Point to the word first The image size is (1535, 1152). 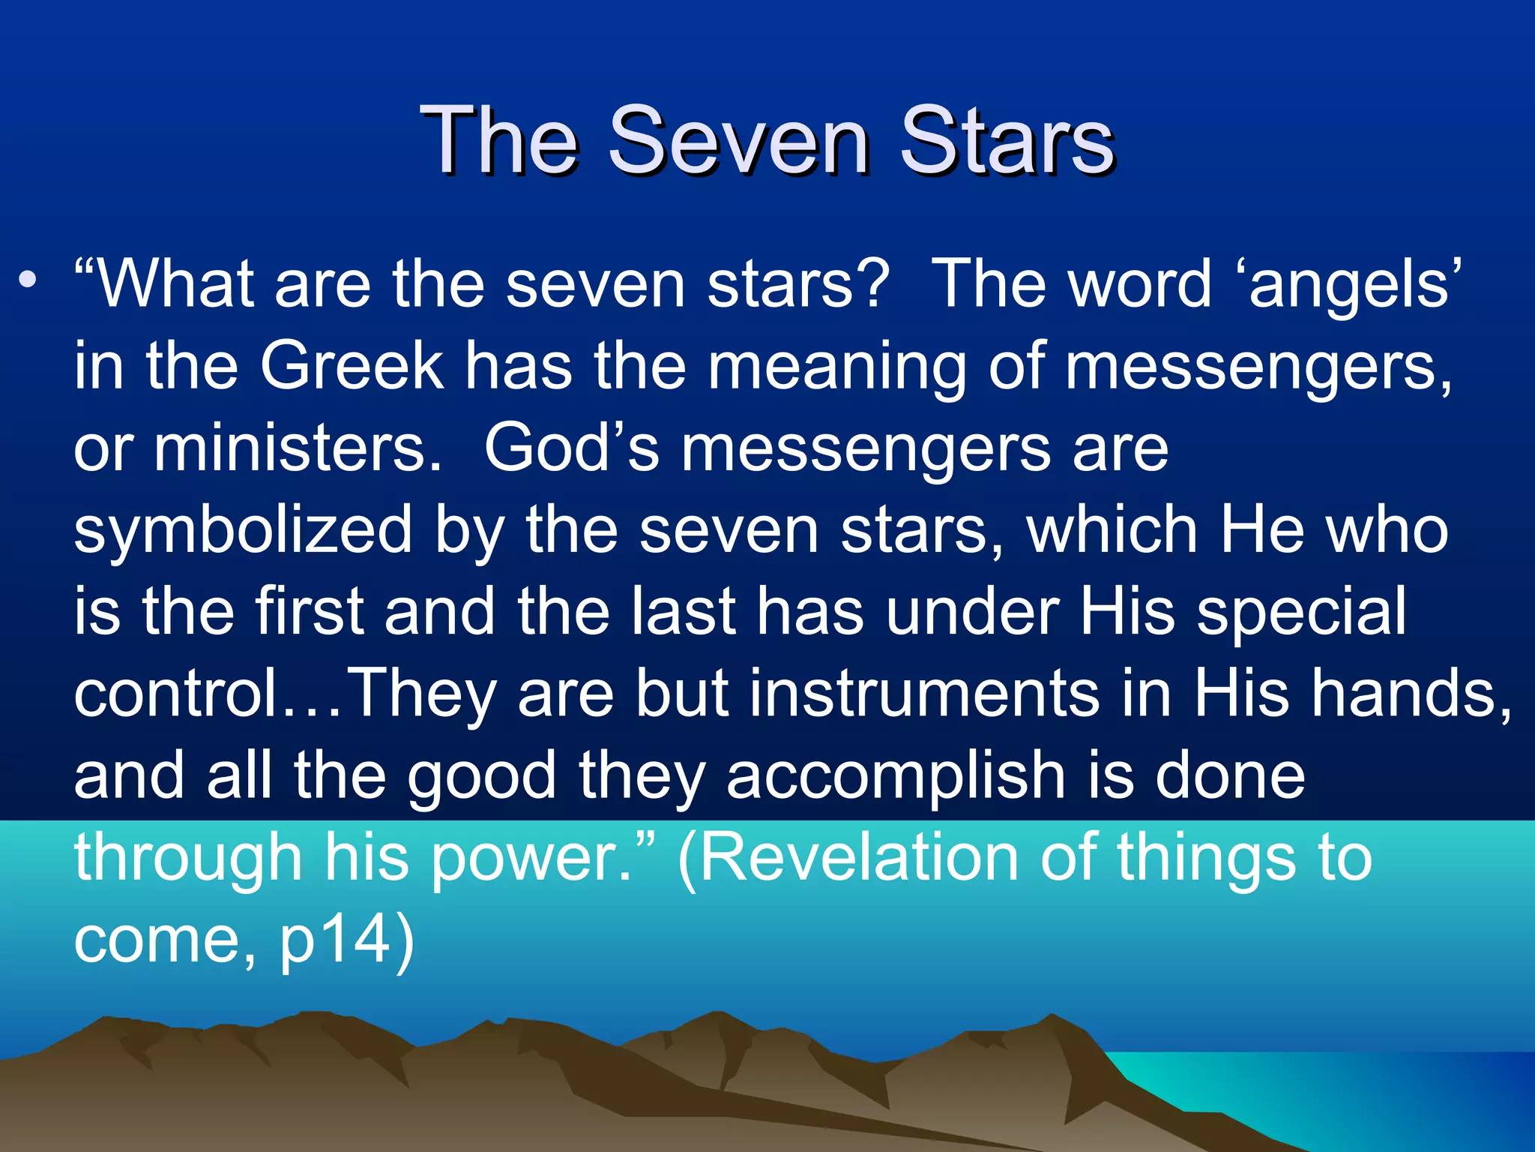click(310, 611)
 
